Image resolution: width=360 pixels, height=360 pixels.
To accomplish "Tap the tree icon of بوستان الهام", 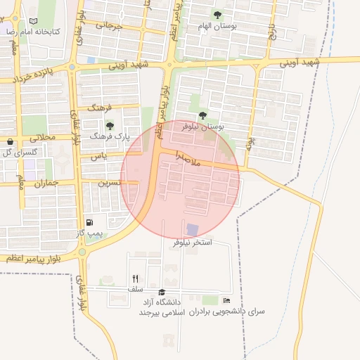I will [x=216, y=14].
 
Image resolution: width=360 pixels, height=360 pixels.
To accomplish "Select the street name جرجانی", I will [x=109, y=27].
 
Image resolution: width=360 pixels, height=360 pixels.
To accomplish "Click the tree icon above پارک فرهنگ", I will [x=109, y=125].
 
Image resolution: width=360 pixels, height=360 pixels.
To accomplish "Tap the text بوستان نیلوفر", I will [x=202, y=127].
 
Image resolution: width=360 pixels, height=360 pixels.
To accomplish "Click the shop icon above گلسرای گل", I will [x=9, y=141].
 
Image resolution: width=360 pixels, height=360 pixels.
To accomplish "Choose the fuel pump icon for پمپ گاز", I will [x=89, y=221].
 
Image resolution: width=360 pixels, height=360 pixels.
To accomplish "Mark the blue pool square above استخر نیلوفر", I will [x=192, y=229].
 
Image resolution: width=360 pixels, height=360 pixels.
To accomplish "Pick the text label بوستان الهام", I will [x=216, y=25].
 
